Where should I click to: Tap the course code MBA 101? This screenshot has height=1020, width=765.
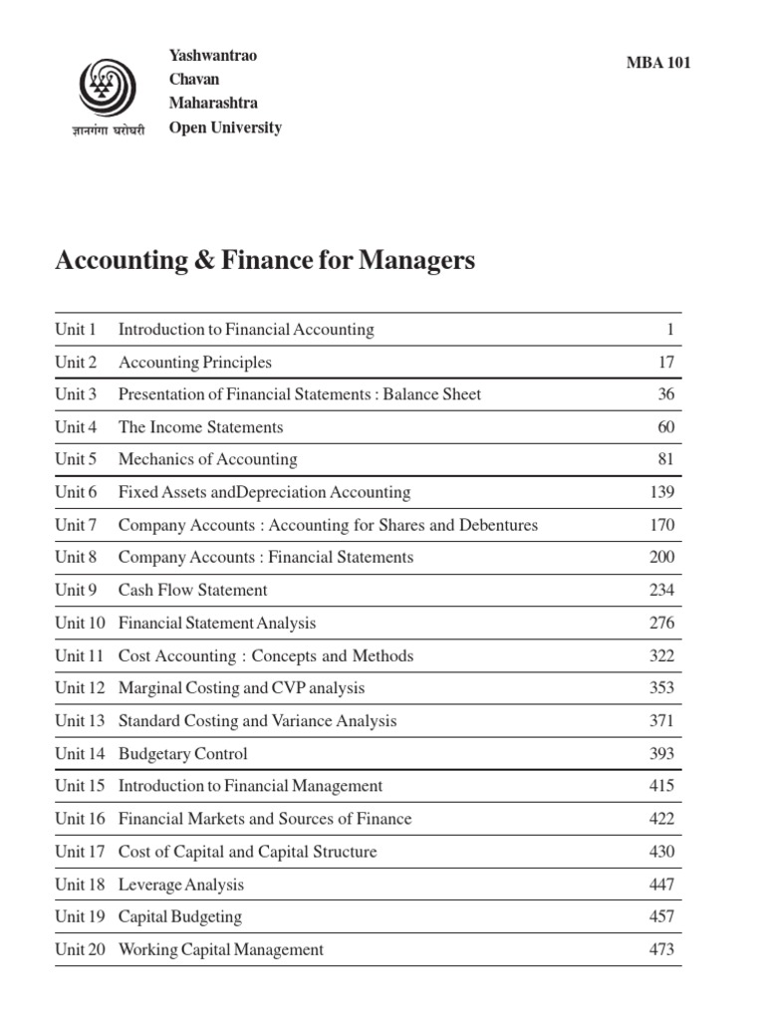[x=657, y=63]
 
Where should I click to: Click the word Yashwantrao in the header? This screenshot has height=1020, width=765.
[x=213, y=56]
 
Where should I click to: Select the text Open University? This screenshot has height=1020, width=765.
[x=225, y=127]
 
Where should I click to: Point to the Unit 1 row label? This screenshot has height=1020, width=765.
[x=76, y=330]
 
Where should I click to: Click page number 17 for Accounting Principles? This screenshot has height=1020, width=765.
[x=665, y=363]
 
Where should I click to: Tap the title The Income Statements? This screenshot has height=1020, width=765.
[x=200, y=427]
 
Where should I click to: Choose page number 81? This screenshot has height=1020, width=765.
[x=665, y=459]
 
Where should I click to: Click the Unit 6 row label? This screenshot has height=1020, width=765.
[x=76, y=492]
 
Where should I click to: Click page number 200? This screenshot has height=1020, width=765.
[x=661, y=557]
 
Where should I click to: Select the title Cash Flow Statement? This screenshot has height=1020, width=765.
[x=192, y=590]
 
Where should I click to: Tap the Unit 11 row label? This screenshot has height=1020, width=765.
[x=80, y=655]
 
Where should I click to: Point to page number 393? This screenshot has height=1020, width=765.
[x=661, y=753]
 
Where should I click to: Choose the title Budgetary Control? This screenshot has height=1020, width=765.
[x=182, y=754]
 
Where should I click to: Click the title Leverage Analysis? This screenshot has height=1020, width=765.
[x=180, y=885]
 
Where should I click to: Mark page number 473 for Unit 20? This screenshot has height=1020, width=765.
[x=661, y=949]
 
